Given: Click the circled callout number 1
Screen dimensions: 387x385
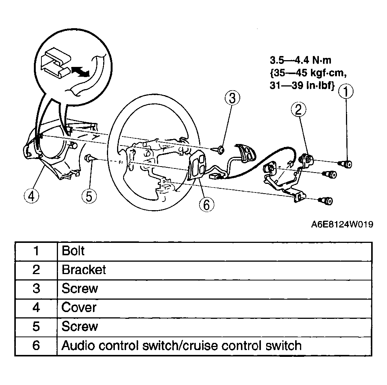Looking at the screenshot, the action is point(346,91).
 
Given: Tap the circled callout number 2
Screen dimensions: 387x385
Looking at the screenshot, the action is point(299,109).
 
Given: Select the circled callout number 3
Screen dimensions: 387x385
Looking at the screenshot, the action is point(232,98).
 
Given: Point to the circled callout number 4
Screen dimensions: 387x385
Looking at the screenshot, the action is point(32,196).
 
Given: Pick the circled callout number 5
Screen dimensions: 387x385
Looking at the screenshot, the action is point(89,196).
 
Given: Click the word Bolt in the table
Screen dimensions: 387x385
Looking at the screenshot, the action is point(73,251).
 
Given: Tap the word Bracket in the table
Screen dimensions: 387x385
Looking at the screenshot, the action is point(84,270).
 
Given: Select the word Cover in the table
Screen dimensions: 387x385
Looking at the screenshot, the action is point(79,308).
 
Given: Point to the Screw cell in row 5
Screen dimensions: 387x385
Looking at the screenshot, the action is point(214,327).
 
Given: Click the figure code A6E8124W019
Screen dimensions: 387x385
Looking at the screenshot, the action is point(342,224).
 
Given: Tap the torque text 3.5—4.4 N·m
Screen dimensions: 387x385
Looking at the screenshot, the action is point(300,60).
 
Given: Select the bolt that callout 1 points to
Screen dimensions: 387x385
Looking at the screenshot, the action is point(345,164).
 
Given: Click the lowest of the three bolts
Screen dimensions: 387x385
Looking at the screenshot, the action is point(326,201).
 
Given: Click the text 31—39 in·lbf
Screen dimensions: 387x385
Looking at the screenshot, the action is point(302,85).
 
